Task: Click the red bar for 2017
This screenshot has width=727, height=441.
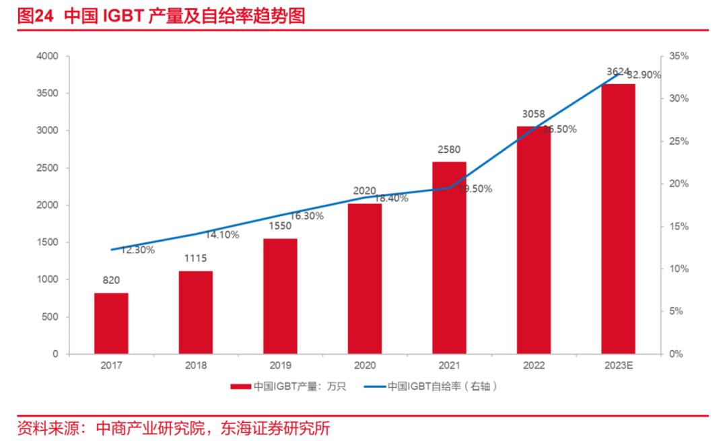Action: [111, 323]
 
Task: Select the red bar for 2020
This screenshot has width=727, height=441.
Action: [365, 279]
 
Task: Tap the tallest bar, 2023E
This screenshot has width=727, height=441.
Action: [619, 219]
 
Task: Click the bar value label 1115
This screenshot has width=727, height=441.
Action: [196, 259]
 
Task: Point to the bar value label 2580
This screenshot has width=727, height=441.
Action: [449, 149]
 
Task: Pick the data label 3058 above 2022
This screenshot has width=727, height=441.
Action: [534, 114]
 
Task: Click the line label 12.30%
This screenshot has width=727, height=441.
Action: [138, 250]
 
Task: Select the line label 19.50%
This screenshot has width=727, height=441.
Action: [476, 189]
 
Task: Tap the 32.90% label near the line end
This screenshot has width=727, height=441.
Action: [644, 75]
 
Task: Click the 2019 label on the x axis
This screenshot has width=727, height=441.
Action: [281, 366]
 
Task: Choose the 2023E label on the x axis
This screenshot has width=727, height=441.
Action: [619, 366]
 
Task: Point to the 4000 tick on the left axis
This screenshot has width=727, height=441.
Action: [47, 56]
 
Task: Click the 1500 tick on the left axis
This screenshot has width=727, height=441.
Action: [47, 242]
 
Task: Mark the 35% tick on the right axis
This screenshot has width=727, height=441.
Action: [679, 56]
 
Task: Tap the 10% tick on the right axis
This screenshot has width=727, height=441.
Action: [679, 269]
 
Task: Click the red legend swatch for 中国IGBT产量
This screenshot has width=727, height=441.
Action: [240, 386]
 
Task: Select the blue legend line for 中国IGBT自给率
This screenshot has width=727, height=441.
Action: [375, 386]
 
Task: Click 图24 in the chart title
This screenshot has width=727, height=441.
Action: [35, 16]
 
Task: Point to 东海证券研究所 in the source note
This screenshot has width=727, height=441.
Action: [275, 428]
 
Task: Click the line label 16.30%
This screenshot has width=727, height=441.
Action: [307, 216]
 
